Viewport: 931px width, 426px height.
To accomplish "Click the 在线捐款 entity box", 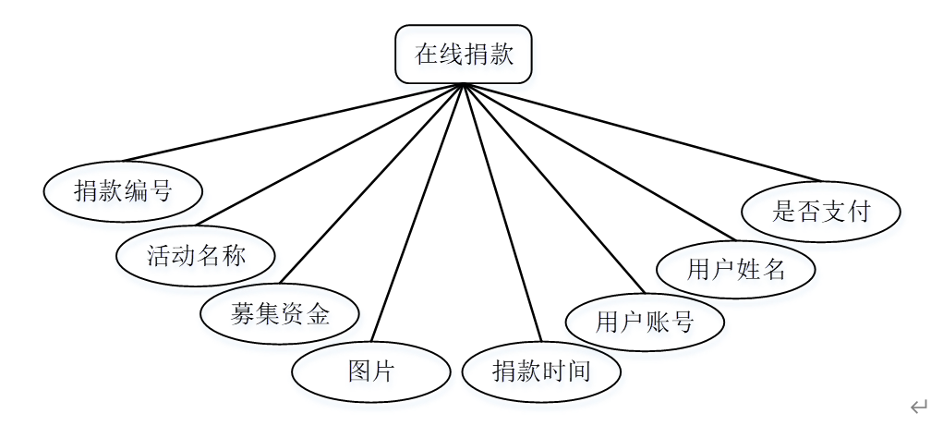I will coord(464,55).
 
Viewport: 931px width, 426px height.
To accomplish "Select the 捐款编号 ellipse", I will coord(123,191).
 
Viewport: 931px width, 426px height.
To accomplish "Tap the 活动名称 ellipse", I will coord(196,253).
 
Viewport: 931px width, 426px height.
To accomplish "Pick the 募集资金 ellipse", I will coord(279,313).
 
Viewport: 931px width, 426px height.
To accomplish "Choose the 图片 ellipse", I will coord(370,371).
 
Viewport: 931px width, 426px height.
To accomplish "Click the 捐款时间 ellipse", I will coord(541,371).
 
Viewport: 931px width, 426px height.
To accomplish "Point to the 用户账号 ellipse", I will coord(645,322).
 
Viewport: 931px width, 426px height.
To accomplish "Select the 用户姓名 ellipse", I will coord(735,269).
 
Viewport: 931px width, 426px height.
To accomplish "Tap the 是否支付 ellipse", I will coord(821,212).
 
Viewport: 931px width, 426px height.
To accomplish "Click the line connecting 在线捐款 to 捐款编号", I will coord(293,123).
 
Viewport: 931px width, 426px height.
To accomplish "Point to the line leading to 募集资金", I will coord(372,182).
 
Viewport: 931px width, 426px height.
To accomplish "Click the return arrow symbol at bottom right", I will coord(917,407).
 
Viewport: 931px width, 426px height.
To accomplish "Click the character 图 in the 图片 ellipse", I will coord(359,371).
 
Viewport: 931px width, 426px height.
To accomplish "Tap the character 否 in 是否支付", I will coord(809,212).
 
